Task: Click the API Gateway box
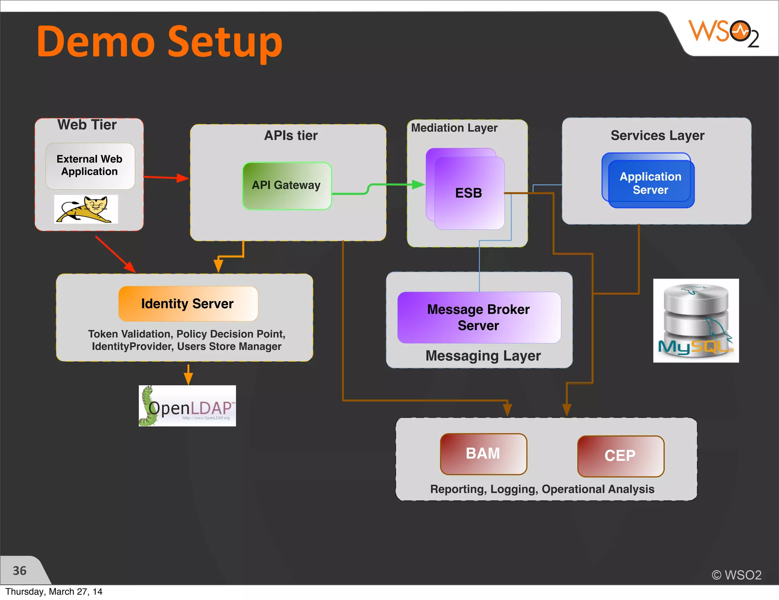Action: (x=287, y=185)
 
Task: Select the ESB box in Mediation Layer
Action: (x=469, y=193)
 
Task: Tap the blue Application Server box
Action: (x=650, y=183)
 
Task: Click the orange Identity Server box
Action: (x=188, y=303)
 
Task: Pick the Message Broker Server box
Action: (x=479, y=317)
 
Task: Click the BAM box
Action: (x=483, y=453)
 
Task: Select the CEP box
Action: (x=620, y=456)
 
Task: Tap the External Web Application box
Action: (x=90, y=166)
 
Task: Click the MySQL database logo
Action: (x=696, y=320)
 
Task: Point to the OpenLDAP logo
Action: (x=187, y=406)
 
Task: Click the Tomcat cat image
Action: (x=86, y=209)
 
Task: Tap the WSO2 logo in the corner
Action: (x=723, y=34)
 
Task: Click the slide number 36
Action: (x=20, y=570)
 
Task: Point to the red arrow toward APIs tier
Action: (x=166, y=177)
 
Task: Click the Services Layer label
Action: (x=657, y=135)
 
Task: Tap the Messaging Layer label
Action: (x=483, y=356)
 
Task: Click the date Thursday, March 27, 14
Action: (x=54, y=591)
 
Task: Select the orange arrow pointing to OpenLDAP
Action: (x=188, y=375)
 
